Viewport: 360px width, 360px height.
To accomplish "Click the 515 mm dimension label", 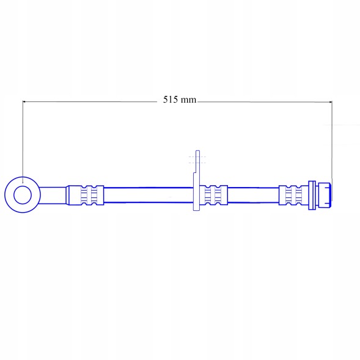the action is pyautogui.click(x=180, y=100).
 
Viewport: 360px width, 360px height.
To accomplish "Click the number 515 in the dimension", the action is pyautogui.click(x=171, y=100).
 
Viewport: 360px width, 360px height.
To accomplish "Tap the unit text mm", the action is pyautogui.click(x=188, y=100).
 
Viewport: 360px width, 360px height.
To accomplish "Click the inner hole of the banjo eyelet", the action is pyautogui.click(x=23, y=195).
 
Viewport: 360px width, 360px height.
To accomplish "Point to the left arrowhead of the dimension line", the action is pyautogui.click(x=24, y=101).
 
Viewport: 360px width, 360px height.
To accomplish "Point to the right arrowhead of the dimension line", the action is pyautogui.click(x=331, y=101).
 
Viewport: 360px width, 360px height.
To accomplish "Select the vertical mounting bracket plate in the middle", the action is pyautogui.click(x=197, y=181).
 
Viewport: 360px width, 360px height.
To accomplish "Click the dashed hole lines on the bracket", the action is pyautogui.click(x=197, y=160).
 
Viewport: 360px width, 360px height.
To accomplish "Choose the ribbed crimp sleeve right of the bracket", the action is pyautogui.click(x=213, y=195).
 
